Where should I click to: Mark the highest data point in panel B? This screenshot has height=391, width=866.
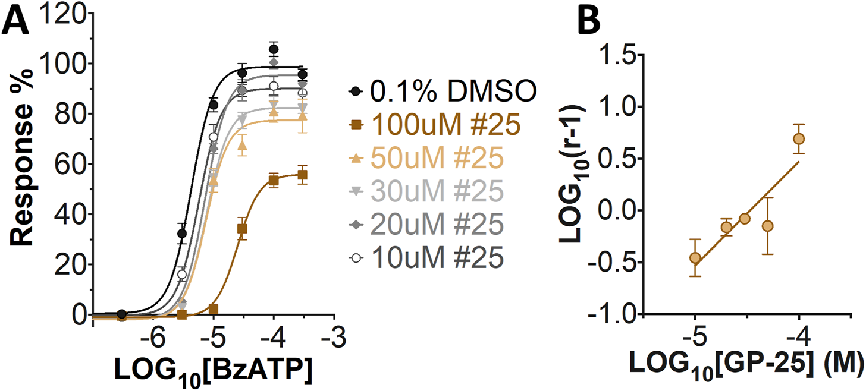click(x=799, y=138)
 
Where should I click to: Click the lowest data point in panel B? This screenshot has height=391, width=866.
click(x=694, y=257)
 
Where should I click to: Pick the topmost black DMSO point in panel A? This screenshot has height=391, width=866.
click(x=274, y=49)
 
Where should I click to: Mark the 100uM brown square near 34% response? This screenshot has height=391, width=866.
click(x=243, y=228)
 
